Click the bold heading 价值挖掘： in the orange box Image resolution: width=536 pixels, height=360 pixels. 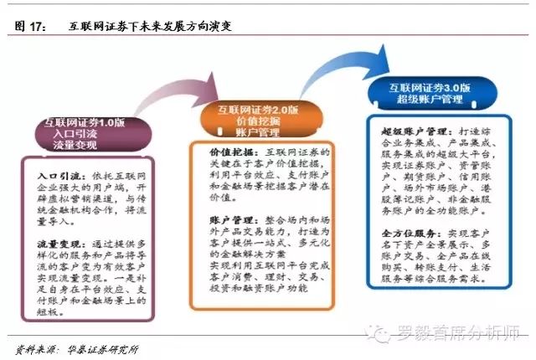click(x=211, y=155)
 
